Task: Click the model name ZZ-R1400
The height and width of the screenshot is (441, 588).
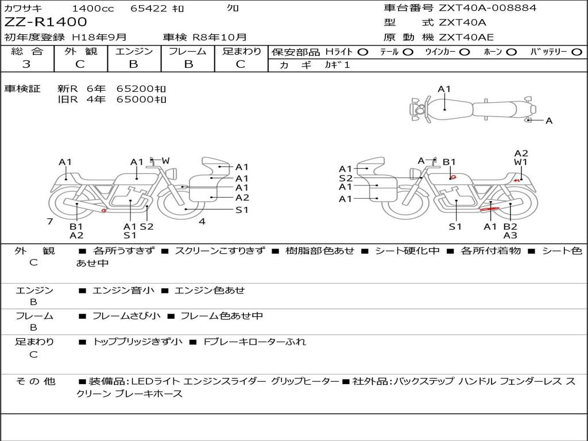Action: pyautogui.click(x=45, y=22)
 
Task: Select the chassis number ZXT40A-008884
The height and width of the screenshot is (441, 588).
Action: pyautogui.click(x=488, y=8)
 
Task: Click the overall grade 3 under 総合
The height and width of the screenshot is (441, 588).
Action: pyautogui.click(x=26, y=64)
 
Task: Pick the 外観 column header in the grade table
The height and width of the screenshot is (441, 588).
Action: pyautogui.click(x=80, y=51)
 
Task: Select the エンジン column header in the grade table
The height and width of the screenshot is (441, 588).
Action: pyautogui.click(x=134, y=51)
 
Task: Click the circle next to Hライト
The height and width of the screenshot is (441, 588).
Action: pyautogui.click(x=363, y=52)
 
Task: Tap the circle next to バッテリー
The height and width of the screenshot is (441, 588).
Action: pyautogui.click(x=577, y=52)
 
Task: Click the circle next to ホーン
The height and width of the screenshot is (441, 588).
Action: pyautogui.click(x=512, y=52)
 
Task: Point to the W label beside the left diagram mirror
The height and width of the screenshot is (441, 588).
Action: pyautogui.click(x=166, y=161)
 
